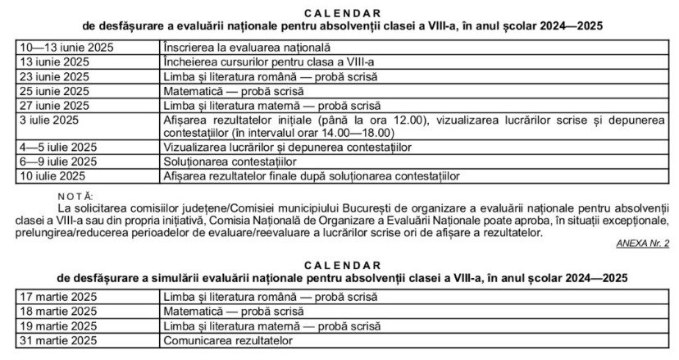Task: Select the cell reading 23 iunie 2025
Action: [x=54, y=76]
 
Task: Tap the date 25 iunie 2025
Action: [x=54, y=90]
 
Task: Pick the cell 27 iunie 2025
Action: [x=54, y=104]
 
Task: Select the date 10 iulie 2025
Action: [x=52, y=175]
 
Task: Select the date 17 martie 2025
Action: [x=57, y=297]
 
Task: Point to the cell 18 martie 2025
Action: [x=57, y=311]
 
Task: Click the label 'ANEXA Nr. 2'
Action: [x=643, y=244]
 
